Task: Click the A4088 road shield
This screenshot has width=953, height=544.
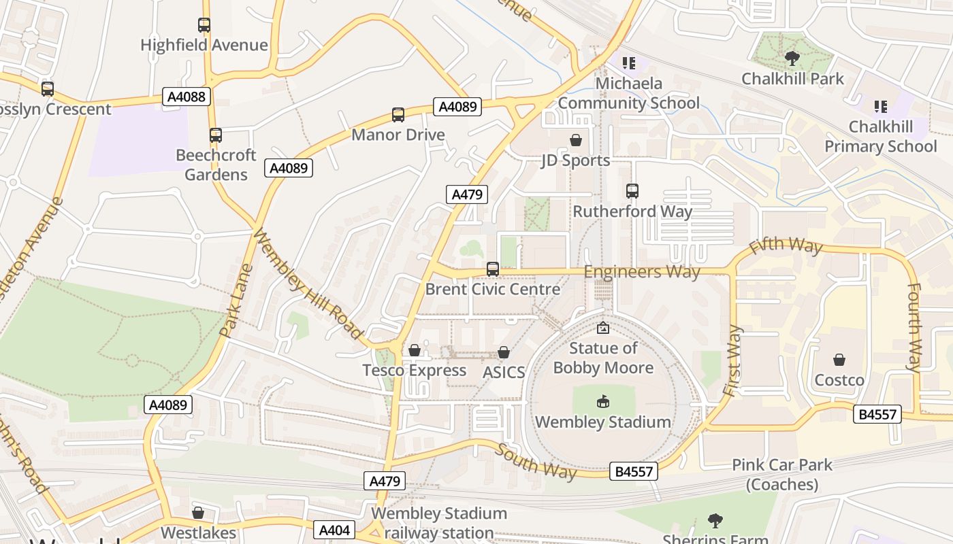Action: coord(187,97)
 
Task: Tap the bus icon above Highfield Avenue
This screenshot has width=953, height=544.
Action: coord(204,25)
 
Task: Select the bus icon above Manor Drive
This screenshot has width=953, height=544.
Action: coord(398,115)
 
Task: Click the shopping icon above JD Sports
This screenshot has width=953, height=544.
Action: coord(576,140)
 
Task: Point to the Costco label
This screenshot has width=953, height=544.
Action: coord(839,380)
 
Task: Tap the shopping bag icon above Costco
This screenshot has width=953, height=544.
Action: coord(839,360)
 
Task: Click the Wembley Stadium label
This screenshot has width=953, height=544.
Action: coord(602,422)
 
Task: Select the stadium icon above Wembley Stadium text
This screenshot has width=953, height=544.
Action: coord(602,402)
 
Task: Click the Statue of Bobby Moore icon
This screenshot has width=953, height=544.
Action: coord(602,328)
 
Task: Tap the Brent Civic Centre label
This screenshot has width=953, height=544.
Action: coord(492,289)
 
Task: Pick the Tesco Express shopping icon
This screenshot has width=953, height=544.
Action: coord(415,351)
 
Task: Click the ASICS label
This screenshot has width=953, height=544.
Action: coord(504,372)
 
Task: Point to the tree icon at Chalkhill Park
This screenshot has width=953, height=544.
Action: coord(792,58)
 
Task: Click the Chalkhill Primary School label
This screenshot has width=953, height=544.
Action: coord(880,137)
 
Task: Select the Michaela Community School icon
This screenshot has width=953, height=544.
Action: coord(629,63)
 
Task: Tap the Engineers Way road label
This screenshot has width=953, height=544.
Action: coord(641,272)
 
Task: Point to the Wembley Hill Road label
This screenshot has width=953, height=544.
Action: coord(307,284)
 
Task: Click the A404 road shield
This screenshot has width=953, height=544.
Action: coord(334,530)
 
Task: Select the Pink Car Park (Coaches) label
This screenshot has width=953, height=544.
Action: coord(781,475)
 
